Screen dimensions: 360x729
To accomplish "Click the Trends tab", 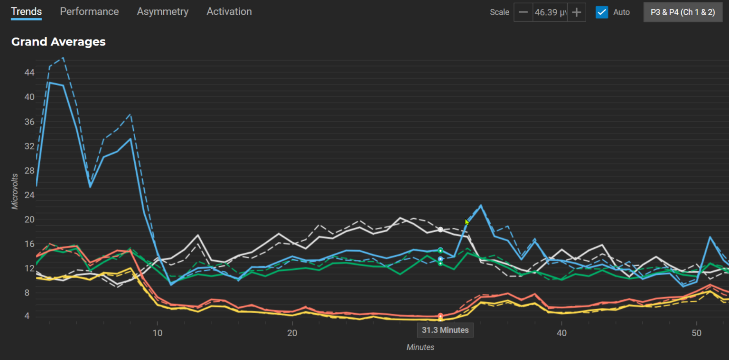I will pos(27,11).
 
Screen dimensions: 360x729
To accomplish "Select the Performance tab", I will pos(89,11).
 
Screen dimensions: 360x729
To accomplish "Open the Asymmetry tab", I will pos(163,11).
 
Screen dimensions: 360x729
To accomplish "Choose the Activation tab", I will pos(229,11).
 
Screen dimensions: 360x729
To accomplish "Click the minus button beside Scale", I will pos(523,12).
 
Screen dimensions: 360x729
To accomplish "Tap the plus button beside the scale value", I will pos(577,12).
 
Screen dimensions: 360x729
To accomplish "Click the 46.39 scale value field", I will pos(550,12).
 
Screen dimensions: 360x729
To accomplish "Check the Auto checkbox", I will pos(602,12).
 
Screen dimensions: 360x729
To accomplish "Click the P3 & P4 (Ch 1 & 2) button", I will pos(682,12).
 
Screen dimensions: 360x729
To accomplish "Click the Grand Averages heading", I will pos(58,42).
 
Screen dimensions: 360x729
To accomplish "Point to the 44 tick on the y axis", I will pos(29,72).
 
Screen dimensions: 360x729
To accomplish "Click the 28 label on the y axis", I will pos(29,171).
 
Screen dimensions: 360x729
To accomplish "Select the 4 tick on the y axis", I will pos(31,316).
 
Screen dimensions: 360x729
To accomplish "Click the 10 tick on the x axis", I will pos(157,332).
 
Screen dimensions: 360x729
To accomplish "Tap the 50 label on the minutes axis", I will pos(697,332).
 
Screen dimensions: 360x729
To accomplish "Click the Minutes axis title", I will pos(420,347).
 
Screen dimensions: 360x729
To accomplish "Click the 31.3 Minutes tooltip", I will pos(445,330).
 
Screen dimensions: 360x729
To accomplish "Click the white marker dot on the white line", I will pos(440,230).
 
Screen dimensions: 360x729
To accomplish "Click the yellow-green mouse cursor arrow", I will pos(467,222).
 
